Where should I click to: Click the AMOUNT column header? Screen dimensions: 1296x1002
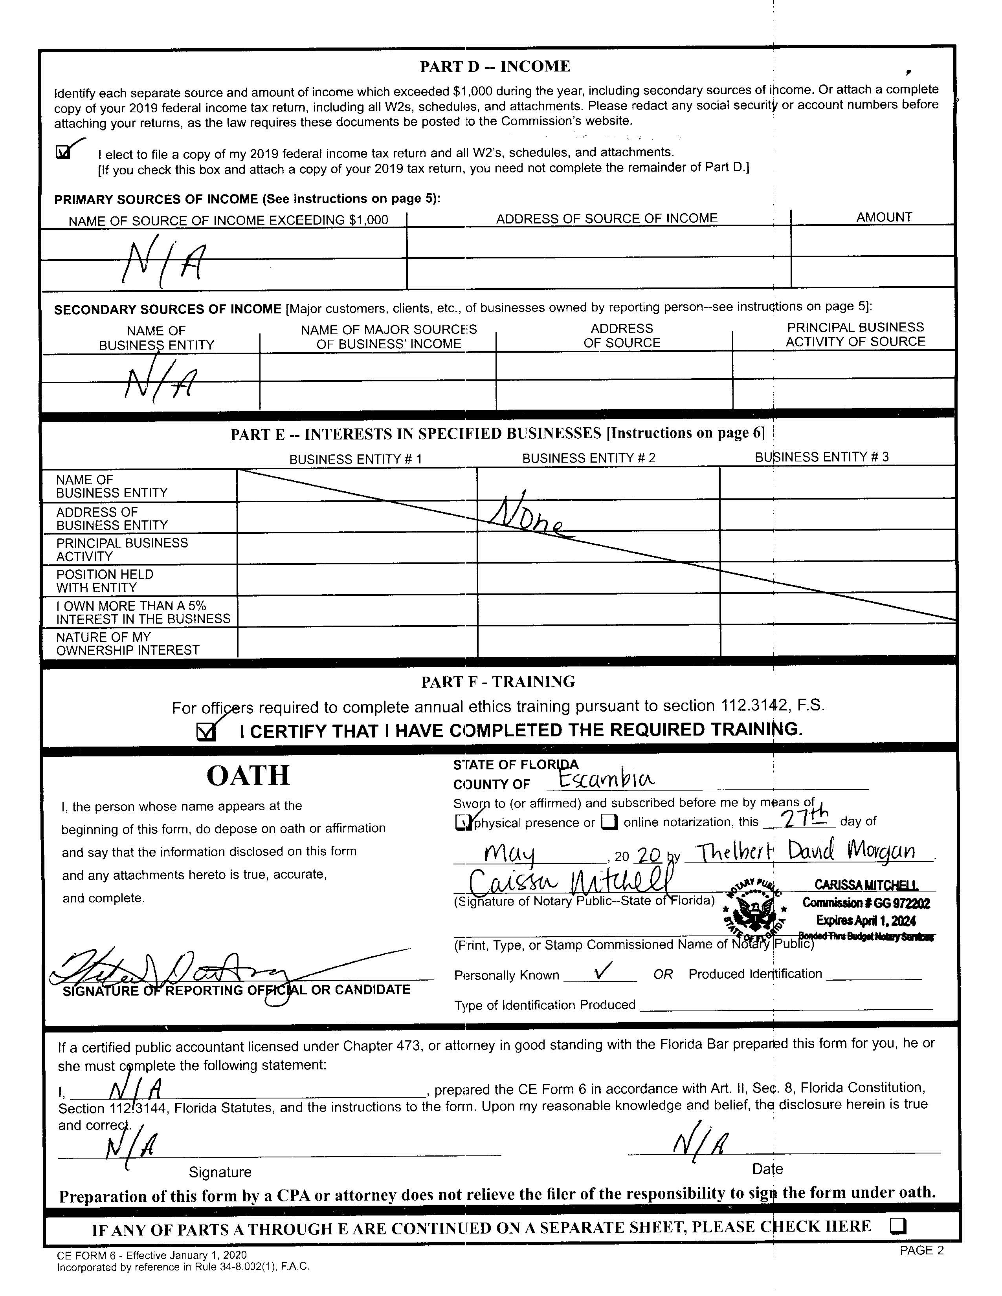[883, 217]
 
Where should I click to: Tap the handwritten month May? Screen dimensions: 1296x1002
[510, 855]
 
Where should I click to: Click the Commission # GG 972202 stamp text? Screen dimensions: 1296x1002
[866, 903]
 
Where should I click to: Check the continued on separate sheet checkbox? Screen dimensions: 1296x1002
[898, 1226]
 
